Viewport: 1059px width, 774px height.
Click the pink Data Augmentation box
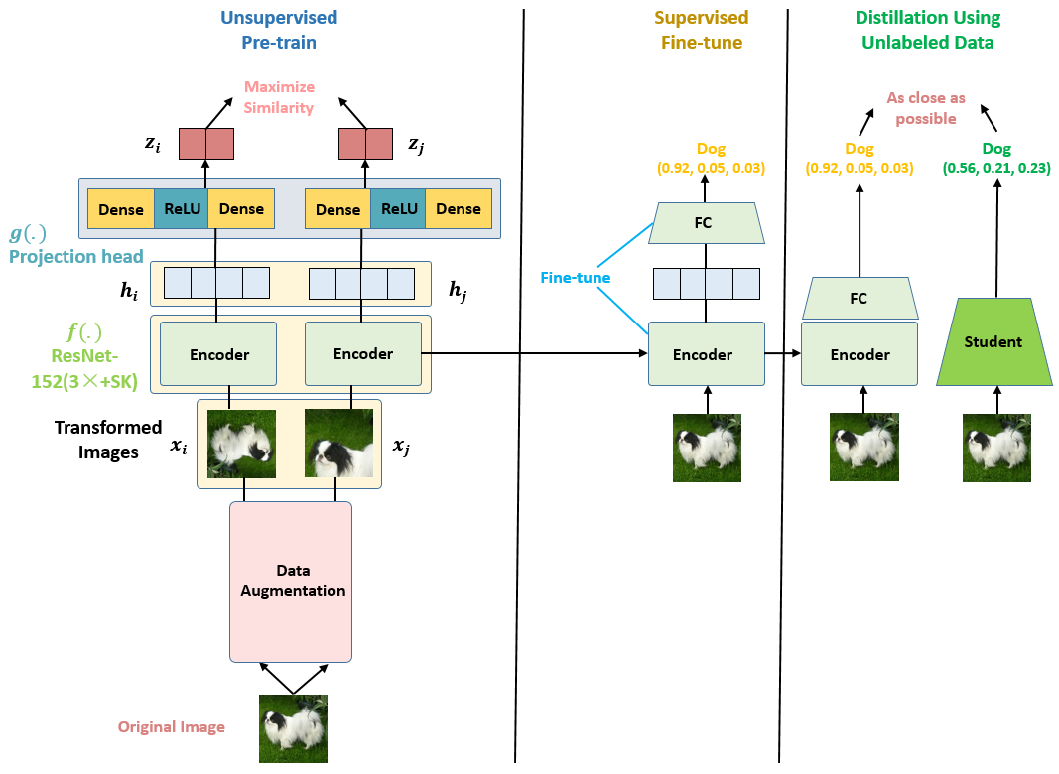pos(290,580)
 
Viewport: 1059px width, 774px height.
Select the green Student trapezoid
pos(993,342)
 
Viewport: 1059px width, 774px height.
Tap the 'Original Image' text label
pos(172,727)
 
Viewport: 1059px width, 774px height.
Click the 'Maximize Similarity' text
pos(279,97)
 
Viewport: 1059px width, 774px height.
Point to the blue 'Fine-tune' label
pos(575,278)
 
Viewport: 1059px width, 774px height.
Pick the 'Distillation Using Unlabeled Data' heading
pos(927,31)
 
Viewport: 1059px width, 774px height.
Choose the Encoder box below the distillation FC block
pos(860,355)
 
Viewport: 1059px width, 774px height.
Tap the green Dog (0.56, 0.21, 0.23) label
pos(995,159)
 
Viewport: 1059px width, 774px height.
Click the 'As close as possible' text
pos(926,109)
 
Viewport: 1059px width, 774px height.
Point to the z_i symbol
pos(152,144)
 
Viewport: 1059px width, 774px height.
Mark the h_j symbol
pos(456,289)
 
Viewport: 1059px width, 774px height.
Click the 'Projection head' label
pos(76,256)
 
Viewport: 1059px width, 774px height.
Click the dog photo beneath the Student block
pos(996,448)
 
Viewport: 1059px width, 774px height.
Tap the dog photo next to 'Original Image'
pos(293,728)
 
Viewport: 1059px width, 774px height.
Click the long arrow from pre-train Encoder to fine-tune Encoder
pos(536,352)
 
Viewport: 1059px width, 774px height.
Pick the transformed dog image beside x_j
pos(338,444)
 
